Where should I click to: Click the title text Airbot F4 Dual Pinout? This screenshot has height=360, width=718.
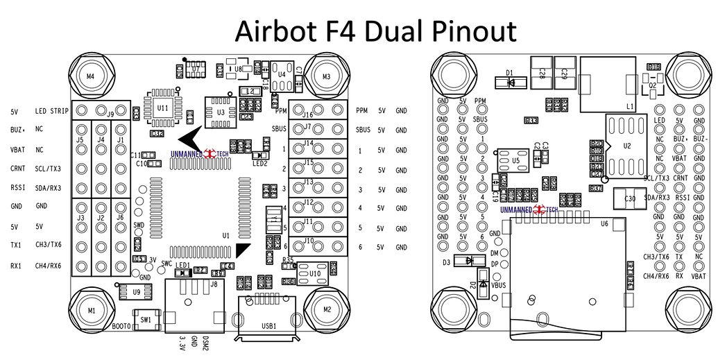coord(375,31)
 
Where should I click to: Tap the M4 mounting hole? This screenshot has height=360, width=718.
coord(90,76)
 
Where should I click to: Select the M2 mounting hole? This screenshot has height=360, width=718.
coord(327,309)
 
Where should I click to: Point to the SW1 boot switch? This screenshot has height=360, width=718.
coord(146,320)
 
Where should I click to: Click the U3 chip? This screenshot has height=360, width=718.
coord(221,112)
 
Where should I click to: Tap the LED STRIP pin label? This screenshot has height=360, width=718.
coord(51,111)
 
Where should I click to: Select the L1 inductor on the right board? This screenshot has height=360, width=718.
coord(608,84)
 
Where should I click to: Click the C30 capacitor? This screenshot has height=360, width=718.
coord(629,199)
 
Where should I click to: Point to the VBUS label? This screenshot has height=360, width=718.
coord(499,284)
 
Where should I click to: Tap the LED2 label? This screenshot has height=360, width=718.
coord(260,164)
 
